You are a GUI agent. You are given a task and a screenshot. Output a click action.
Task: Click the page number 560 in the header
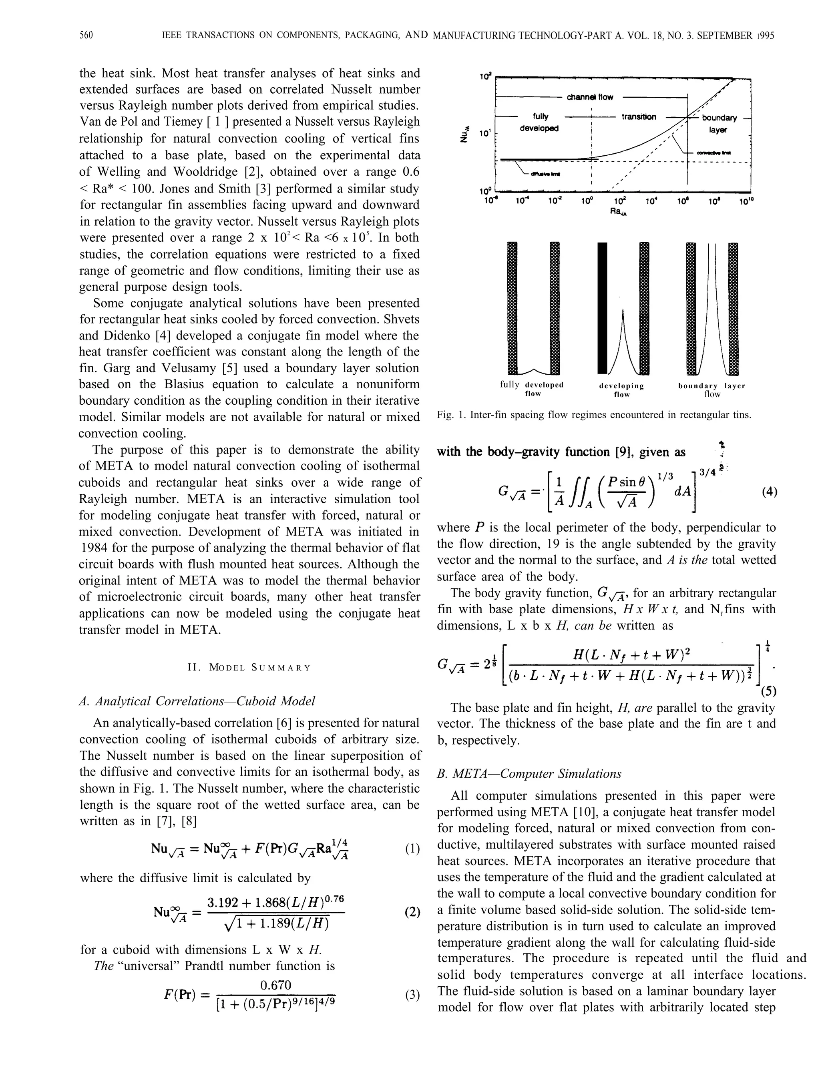coord(86,35)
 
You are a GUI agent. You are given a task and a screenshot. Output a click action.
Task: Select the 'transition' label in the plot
coord(639,117)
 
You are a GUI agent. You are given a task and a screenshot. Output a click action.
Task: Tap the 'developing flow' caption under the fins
coord(621,390)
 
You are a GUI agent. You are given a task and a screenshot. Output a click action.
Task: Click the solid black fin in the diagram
coord(603,308)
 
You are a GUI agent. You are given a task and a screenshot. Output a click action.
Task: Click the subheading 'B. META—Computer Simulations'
coord(529,774)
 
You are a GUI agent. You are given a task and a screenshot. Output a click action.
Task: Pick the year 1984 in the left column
coord(93,548)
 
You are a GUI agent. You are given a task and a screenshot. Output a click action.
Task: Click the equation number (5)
coord(768,692)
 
